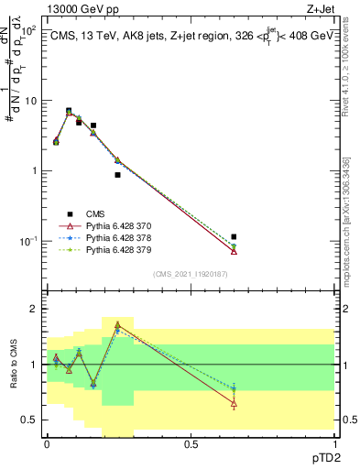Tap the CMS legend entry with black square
pyautogui.click(x=96, y=213)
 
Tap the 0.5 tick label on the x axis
pyautogui.click(x=191, y=443)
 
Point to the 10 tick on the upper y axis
pyautogui.click(x=28, y=101)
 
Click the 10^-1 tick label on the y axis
pyautogui.click(x=26, y=241)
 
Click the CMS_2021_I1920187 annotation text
pyautogui.click(x=190, y=273)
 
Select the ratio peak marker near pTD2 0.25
pyautogui.click(x=117, y=324)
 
